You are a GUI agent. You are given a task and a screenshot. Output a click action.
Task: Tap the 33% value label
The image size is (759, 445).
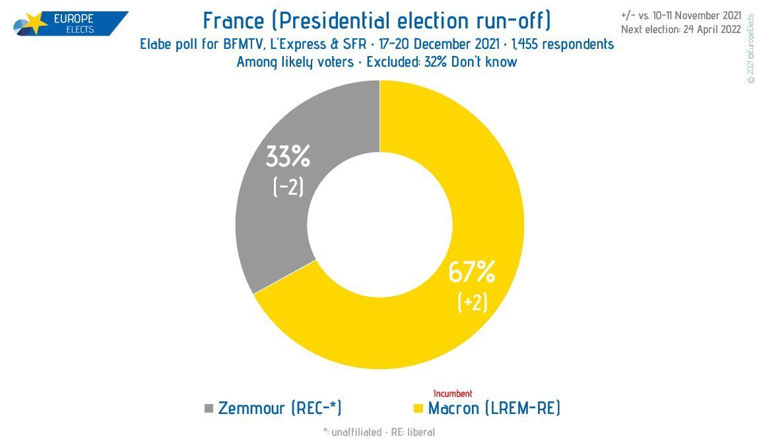[x=288, y=157]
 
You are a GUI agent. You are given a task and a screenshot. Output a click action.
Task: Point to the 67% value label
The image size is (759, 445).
[x=472, y=272]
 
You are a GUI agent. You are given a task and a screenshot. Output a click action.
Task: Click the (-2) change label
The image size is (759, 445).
[x=288, y=188]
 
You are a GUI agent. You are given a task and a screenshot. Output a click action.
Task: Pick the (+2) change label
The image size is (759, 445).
[x=473, y=302]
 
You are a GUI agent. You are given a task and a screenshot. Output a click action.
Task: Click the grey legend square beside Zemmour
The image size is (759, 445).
[x=209, y=409]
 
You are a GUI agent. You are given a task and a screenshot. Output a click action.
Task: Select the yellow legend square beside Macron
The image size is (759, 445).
[x=417, y=409]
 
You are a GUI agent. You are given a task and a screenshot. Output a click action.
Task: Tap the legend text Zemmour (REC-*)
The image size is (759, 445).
[x=280, y=409]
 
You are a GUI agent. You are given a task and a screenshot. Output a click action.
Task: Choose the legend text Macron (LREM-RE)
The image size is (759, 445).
[x=494, y=409]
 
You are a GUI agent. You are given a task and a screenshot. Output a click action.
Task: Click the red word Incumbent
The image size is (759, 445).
[x=453, y=394]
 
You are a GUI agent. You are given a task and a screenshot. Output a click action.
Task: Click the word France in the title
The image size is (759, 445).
[x=236, y=20]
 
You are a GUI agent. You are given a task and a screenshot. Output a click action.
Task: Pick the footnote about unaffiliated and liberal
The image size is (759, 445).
[x=379, y=432]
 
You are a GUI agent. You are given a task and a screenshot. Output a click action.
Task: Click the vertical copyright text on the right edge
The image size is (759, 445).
[x=750, y=50]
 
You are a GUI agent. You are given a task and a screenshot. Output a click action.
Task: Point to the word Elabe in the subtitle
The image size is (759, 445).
[x=158, y=45]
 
